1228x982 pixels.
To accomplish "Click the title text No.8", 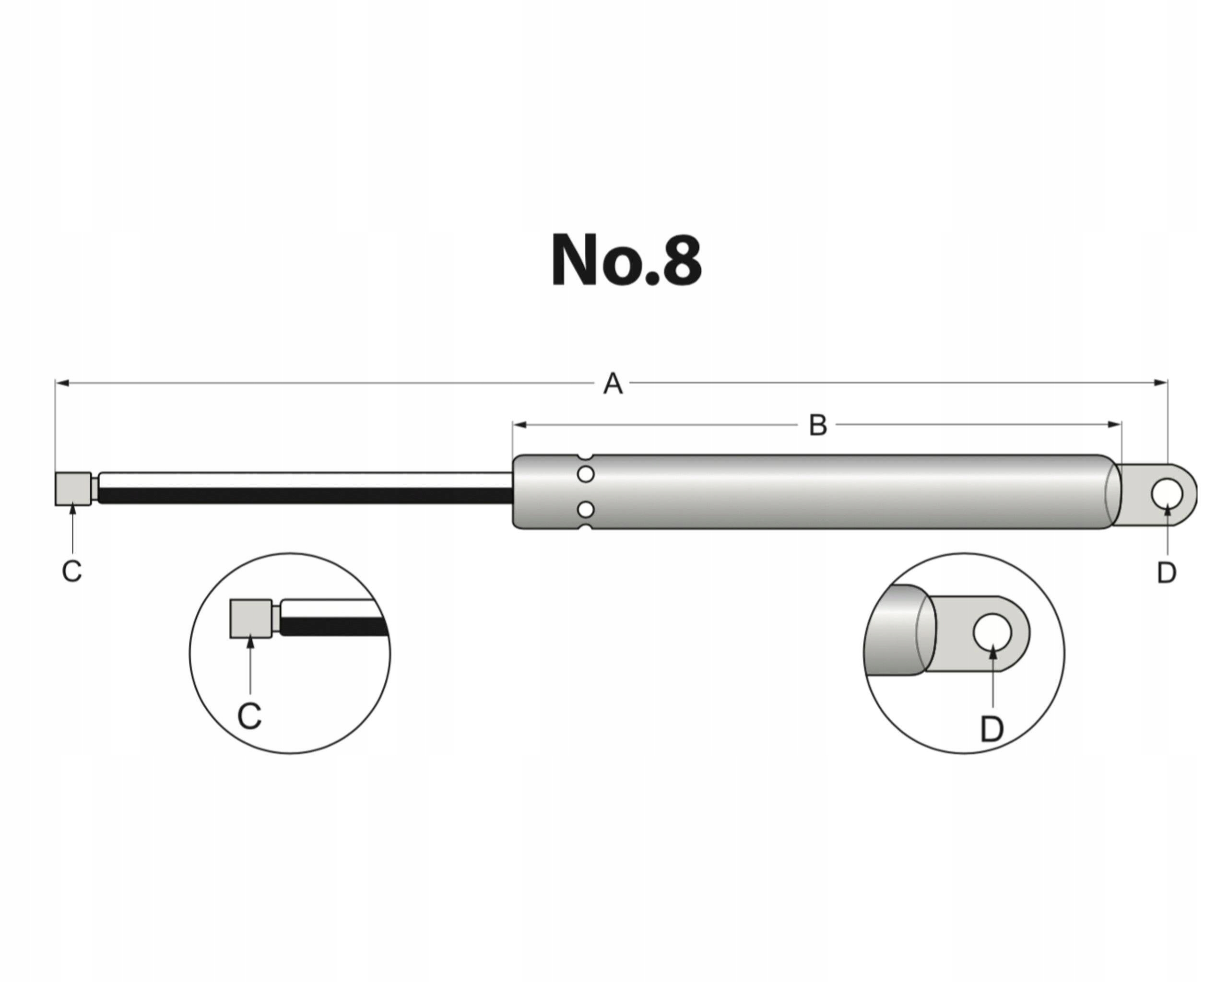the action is [626, 261].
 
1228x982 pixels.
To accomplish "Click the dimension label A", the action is [613, 384].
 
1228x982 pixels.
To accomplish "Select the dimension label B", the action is [818, 425].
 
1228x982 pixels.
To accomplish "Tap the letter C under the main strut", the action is [72, 571].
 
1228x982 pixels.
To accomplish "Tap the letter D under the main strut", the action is [1167, 572].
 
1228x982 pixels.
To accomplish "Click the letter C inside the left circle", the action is [249, 716].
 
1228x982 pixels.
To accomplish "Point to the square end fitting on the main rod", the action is [73, 489].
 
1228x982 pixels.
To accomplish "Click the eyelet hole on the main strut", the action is [1167, 493].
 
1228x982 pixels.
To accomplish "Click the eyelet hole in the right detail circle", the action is [992, 632].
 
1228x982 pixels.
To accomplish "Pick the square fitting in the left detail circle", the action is [250, 619].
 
